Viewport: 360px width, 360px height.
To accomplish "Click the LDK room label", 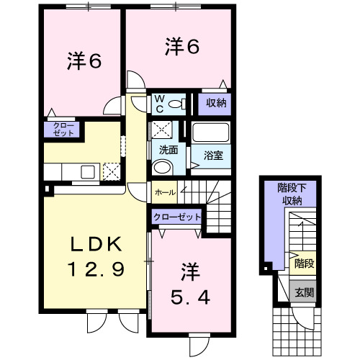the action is tap(96, 244).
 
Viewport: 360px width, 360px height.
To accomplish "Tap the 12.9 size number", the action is tap(96, 269).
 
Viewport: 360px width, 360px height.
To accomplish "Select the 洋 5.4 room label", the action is tap(190, 284).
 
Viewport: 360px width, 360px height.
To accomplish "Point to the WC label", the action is tap(160, 104).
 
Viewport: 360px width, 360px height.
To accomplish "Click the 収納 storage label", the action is tap(216, 103).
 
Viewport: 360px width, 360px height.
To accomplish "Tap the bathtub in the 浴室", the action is tap(211, 132).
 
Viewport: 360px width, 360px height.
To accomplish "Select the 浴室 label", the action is tap(213, 156).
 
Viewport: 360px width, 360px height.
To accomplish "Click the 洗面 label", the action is tap(168, 150).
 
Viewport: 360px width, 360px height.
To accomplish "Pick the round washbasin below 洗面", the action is tap(162, 168).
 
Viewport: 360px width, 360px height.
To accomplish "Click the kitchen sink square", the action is tap(88, 172).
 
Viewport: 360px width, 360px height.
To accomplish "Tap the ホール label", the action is tap(165, 192).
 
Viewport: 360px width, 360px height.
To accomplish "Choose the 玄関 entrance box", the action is tap(303, 292).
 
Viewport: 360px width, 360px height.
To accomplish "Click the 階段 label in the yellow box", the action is tap(304, 264).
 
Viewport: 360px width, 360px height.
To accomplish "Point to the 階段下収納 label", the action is tap(292, 194).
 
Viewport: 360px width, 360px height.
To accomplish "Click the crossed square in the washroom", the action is tap(162, 130).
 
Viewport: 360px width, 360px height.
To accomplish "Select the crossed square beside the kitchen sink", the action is tap(112, 171).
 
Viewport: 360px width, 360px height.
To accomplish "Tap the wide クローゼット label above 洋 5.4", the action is tap(177, 217).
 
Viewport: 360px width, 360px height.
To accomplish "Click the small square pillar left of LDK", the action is tap(48, 189).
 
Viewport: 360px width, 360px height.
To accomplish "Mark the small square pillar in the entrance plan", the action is tap(266, 269).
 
